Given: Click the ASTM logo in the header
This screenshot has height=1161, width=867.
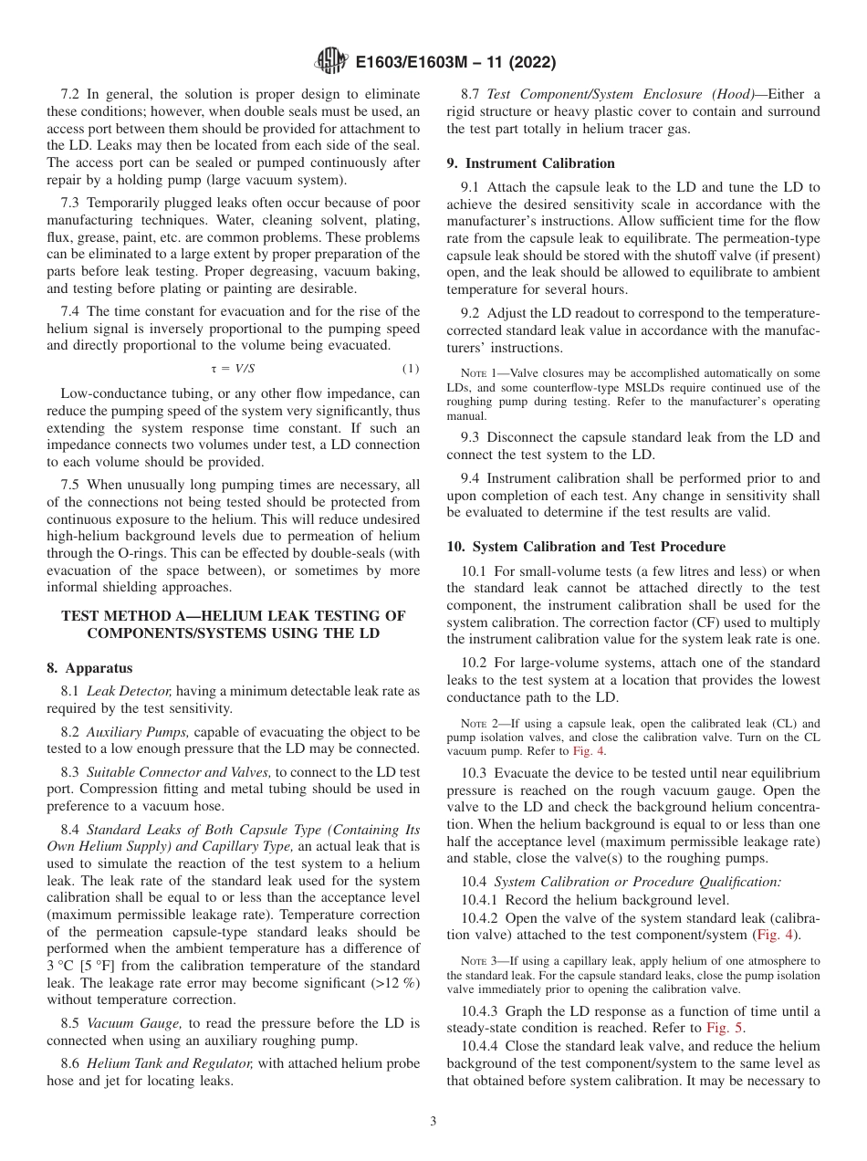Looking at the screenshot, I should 330,62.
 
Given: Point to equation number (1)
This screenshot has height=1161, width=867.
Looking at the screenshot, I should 411,368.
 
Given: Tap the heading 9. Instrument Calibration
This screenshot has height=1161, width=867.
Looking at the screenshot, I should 530,163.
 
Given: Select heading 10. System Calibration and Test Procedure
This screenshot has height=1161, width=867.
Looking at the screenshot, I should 586,547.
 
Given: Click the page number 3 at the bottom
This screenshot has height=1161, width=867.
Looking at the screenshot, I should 433,1122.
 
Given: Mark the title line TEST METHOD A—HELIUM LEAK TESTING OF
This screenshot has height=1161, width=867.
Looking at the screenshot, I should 233,616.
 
